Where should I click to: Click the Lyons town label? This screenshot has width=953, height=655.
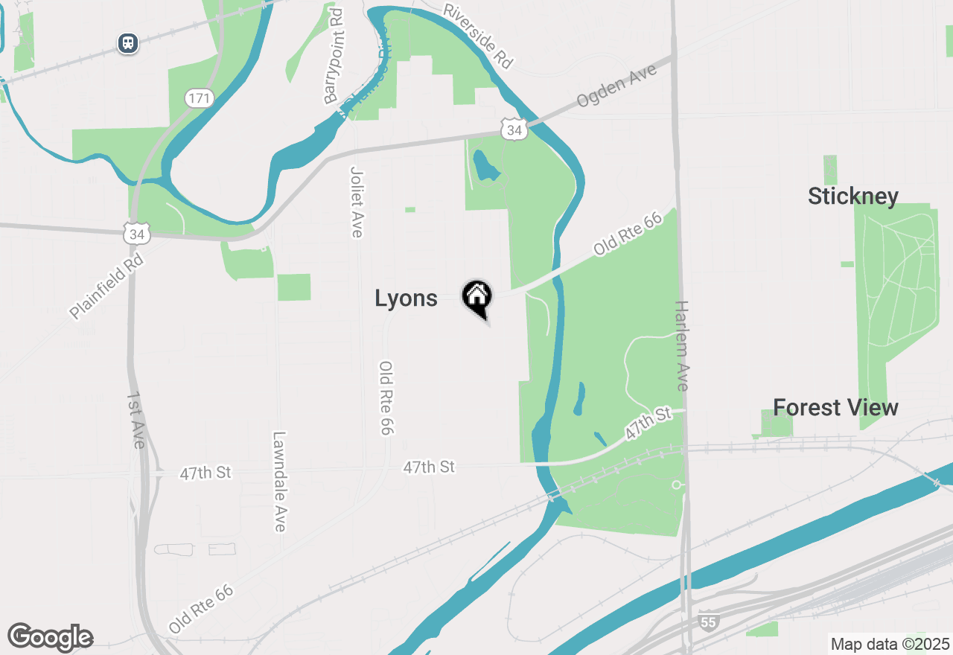[406, 298]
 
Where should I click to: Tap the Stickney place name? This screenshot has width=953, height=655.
[853, 196]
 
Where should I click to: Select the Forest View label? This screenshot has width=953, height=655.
[835, 408]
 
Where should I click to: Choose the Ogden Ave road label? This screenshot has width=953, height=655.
[616, 87]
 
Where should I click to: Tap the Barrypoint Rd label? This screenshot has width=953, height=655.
[333, 57]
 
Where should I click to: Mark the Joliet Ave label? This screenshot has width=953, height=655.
[357, 202]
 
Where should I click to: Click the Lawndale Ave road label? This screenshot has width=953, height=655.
[279, 482]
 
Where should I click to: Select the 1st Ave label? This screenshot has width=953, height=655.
[136, 420]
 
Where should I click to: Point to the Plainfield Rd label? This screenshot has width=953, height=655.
[106, 285]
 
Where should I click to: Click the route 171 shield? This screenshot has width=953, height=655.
[200, 98]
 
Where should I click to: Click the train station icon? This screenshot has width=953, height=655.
[129, 43]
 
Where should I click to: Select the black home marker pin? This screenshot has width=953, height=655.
[476, 298]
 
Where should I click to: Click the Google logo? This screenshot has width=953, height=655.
[50, 637]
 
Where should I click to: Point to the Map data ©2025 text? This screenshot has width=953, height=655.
[890, 644]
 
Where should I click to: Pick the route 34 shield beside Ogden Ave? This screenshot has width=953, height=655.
[514, 130]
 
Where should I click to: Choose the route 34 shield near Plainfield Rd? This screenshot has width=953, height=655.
[137, 234]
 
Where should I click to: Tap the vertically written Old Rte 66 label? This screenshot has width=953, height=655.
[386, 398]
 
